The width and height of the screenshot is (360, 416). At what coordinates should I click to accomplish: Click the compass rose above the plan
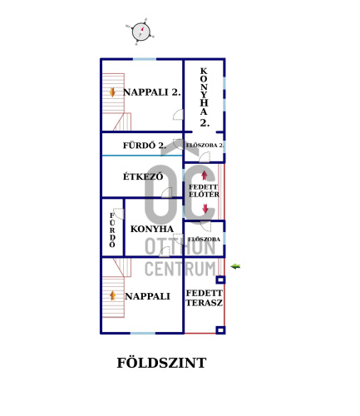(141, 32)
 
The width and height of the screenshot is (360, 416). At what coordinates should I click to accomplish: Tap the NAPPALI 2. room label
(151, 92)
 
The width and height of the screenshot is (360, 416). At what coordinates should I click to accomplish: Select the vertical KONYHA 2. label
(204, 97)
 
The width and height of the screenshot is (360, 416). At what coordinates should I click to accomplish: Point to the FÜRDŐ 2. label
(145, 146)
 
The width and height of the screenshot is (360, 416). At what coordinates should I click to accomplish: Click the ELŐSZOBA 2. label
(205, 146)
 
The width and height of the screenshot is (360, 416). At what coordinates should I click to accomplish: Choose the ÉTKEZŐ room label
(143, 176)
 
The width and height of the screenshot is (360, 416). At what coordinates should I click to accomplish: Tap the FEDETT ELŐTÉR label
(204, 191)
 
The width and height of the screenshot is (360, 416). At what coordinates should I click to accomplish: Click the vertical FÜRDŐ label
(112, 230)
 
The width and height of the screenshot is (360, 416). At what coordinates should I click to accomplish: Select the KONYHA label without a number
(152, 229)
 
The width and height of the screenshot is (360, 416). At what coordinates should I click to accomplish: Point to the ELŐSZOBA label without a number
(204, 240)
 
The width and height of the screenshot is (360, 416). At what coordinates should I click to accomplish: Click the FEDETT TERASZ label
(205, 298)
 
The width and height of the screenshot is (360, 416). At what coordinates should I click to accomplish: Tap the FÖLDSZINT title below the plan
(161, 363)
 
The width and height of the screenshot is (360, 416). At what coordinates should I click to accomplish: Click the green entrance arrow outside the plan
(235, 266)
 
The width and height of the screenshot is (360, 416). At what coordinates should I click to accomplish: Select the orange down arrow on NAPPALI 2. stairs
(112, 92)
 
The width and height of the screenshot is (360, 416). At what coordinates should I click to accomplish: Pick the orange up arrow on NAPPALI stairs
(112, 295)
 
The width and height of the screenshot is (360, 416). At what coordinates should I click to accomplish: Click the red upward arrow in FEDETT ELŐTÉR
(205, 176)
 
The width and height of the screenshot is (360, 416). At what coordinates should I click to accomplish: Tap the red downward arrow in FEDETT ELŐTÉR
(205, 209)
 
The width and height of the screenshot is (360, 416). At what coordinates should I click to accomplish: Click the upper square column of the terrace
(220, 280)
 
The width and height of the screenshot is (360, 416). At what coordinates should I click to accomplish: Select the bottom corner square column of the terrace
(220, 330)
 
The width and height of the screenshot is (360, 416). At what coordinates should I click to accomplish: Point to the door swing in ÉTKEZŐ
(167, 192)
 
